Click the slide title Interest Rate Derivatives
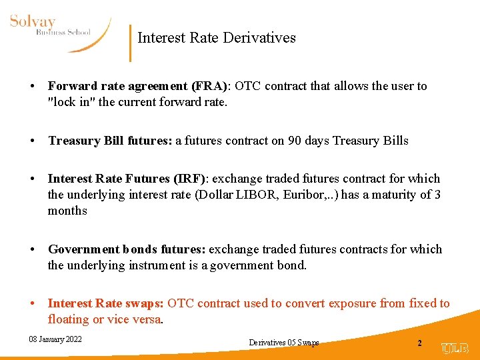(216, 38)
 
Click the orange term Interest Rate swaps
(105, 304)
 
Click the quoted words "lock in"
(71, 102)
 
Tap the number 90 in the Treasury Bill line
(295, 141)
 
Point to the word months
(67, 211)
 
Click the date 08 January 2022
(55, 339)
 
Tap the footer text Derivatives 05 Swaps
(283, 343)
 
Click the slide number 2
(419, 343)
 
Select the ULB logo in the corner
(455, 348)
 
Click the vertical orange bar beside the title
(130, 43)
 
